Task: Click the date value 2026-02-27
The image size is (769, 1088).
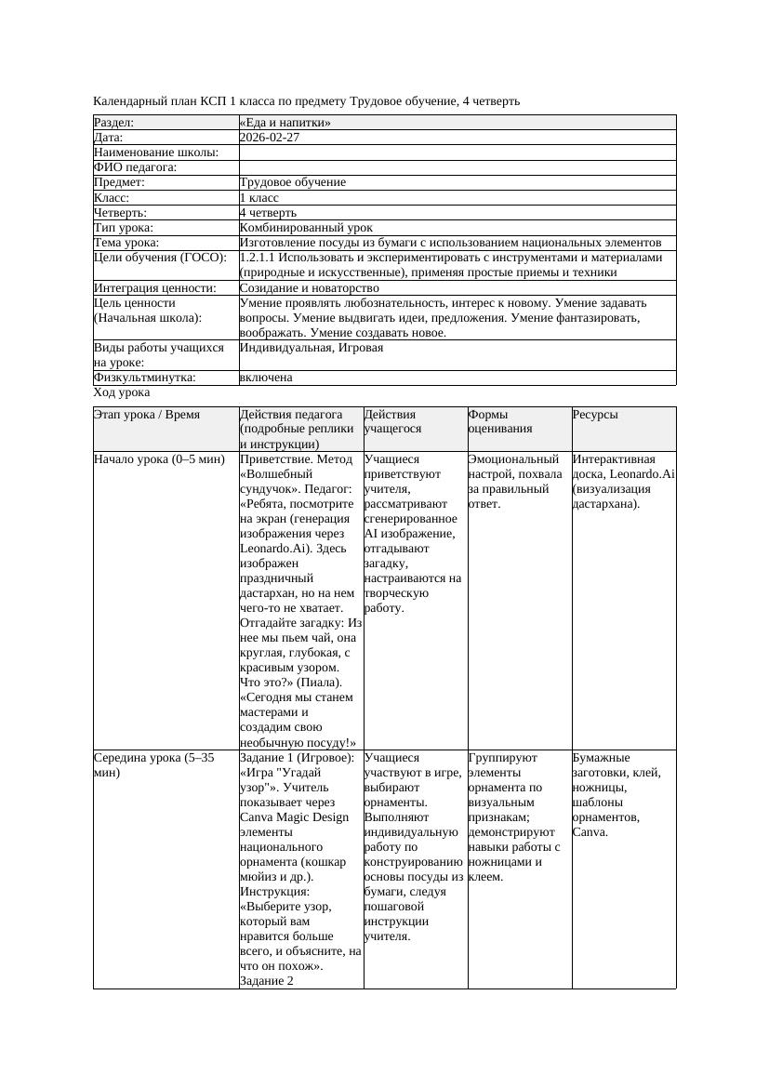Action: click(270, 138)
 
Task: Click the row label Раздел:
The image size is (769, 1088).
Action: click(114, 123)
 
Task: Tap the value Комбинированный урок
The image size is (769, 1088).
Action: click(306, 228)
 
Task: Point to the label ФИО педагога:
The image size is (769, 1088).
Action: click(136, 167)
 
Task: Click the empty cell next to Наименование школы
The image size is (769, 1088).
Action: click(457, 153)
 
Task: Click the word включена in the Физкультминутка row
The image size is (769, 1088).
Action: click(266, 378)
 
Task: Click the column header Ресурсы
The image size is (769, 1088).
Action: click(595, 415)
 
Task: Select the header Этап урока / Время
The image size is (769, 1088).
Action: click(147, 415)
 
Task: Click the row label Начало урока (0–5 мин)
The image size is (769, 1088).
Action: click(159, 459)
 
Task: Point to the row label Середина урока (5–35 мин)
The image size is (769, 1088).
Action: click(153, 765)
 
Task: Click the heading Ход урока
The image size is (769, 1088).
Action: click(122, 393)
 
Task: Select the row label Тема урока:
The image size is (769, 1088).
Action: click(126, 243)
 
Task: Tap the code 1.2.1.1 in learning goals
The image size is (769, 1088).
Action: click(263, 258)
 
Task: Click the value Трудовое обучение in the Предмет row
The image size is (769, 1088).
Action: click(292, 183)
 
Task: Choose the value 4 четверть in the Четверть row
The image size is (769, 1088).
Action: click(268, 213)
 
